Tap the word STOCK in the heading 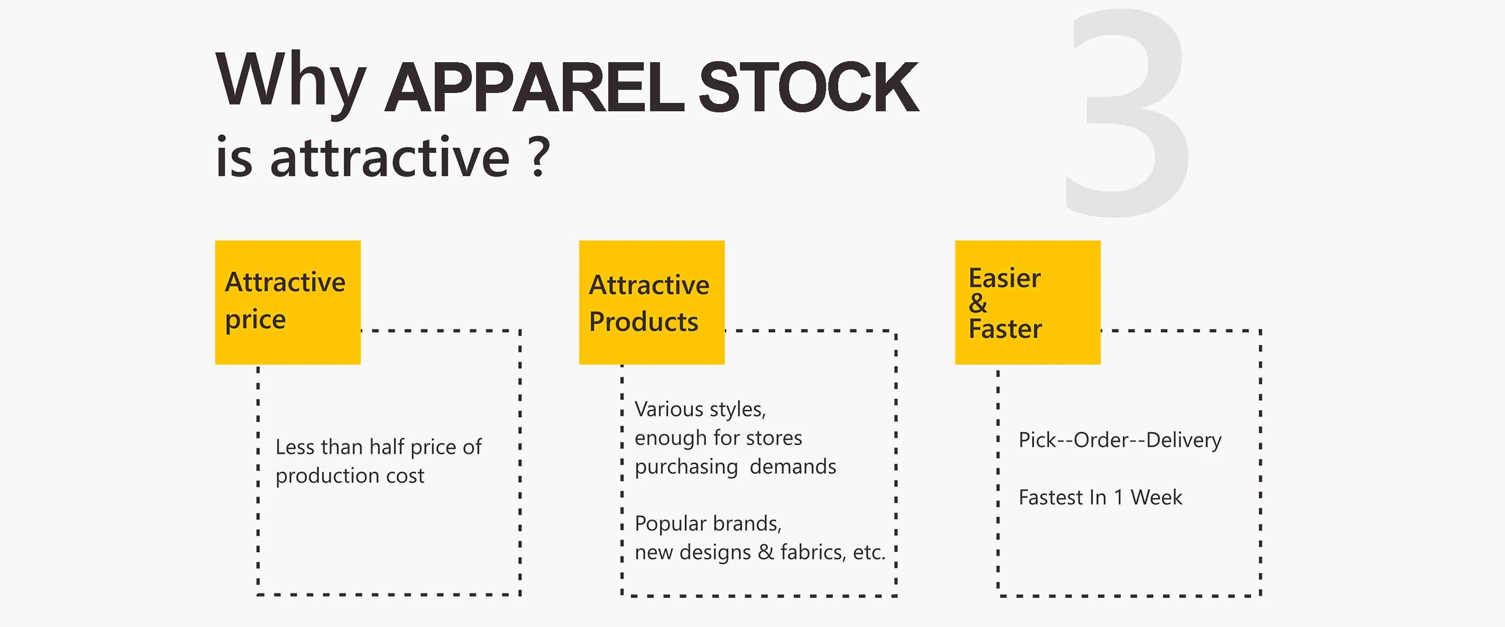[808, 88]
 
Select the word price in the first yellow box [256, 320]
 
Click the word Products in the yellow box [643, 322]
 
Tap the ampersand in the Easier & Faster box [977, 303]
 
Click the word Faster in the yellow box [1005, 329]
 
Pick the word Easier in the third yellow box [1004, 278]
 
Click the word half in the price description [387, 447]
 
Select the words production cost [350, 475]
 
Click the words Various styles [700, 409]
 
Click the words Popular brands [708, 524]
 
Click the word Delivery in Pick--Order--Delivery [1183, 440]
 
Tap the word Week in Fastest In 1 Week [1155, 497]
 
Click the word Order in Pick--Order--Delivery [1101, 440]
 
